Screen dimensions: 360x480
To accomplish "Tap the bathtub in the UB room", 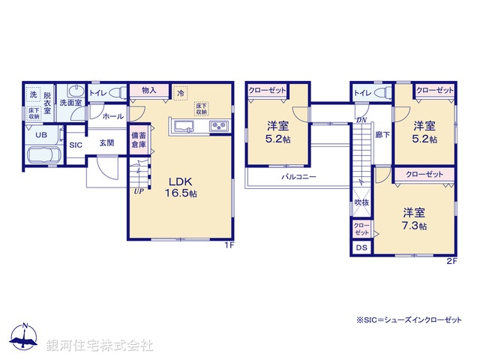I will click(44, 157).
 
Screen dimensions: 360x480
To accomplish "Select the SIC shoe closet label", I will click(76, 145).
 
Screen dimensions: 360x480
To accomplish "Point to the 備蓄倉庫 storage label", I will click(139, 140).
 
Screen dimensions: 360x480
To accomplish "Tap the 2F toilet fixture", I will click(379, 94).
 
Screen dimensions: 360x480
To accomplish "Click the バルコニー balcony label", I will click(298, 178).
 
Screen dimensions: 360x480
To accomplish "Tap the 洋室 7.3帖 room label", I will click(414, 219).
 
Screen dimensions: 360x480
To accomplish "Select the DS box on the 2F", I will click(361, 248).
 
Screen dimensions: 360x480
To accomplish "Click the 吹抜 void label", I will click(361, 202).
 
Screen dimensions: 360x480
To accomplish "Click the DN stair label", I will click(361, 120).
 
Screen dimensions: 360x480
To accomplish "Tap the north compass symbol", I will click(25, 337).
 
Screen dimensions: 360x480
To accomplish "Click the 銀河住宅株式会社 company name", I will click(100, 346).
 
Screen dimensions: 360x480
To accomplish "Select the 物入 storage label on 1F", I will click(148, 91).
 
